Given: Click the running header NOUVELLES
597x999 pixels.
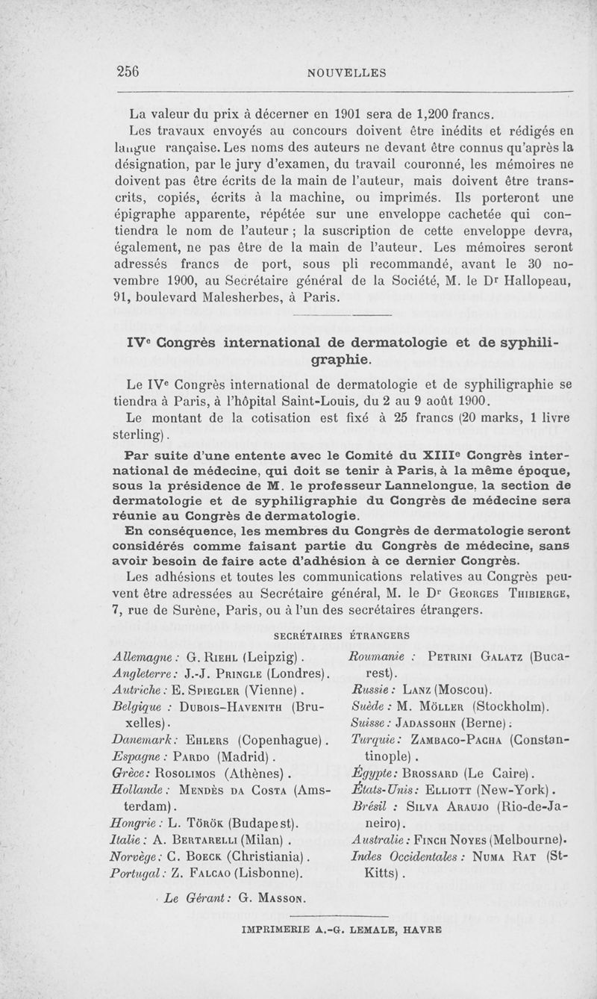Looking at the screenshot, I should [347, 72].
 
